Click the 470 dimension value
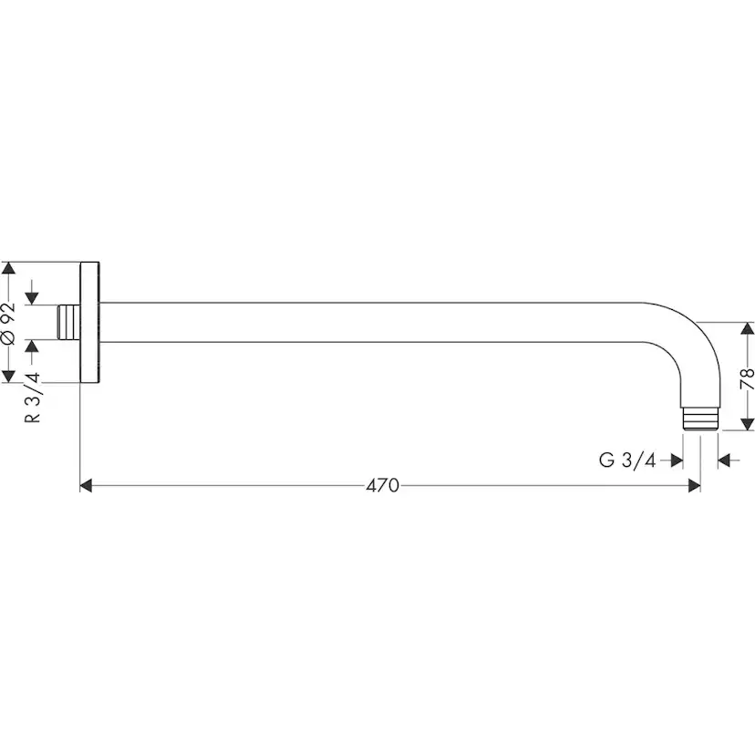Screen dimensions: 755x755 [382, 485]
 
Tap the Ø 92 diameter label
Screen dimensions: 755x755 [9, 323]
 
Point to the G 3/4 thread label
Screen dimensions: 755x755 [627, 460]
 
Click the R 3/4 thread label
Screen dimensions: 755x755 [32, 398]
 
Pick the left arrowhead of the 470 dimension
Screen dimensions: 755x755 [86, 485]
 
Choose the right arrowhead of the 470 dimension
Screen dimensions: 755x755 [694, 485]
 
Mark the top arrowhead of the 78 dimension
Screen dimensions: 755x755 [748, 328]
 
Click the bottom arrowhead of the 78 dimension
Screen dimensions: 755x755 [748, 424]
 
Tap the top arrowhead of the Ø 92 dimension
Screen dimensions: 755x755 [9, 268]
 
